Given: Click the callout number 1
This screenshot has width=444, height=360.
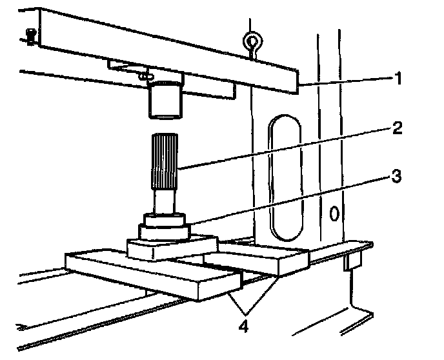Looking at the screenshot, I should pos(399,80).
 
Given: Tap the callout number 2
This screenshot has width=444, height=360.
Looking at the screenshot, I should pos(398,127).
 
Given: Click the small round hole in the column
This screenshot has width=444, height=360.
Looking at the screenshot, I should pos(334,212).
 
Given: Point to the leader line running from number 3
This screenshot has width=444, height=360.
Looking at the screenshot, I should pos(290,197).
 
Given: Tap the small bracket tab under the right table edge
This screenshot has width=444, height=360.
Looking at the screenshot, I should pos(352,261).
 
